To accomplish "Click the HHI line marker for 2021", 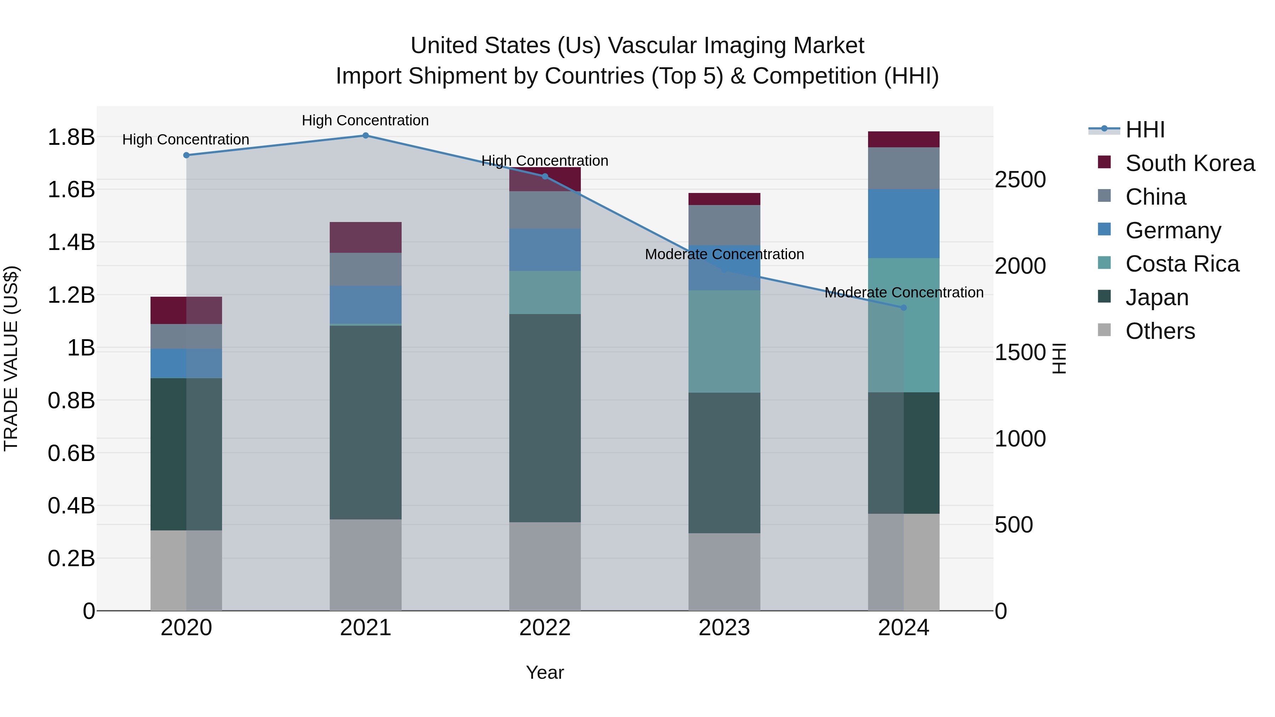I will point(365,135).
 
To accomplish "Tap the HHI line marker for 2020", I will point(186,155).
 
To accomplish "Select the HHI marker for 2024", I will point(903,307).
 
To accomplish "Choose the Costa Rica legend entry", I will point(1181,264).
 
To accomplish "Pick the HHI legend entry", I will point(1144,130).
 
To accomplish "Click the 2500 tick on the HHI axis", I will point(1020,180).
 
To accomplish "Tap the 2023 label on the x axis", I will point(724,628).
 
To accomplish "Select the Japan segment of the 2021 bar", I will point(365,422).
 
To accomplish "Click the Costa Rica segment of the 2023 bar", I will point(724,341).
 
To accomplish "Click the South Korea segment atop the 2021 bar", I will point(365,238).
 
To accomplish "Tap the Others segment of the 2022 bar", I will point(544,566).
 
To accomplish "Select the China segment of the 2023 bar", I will point(724,225).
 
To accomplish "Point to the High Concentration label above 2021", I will point(365,120).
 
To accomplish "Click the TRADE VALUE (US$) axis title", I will point(11,358).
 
